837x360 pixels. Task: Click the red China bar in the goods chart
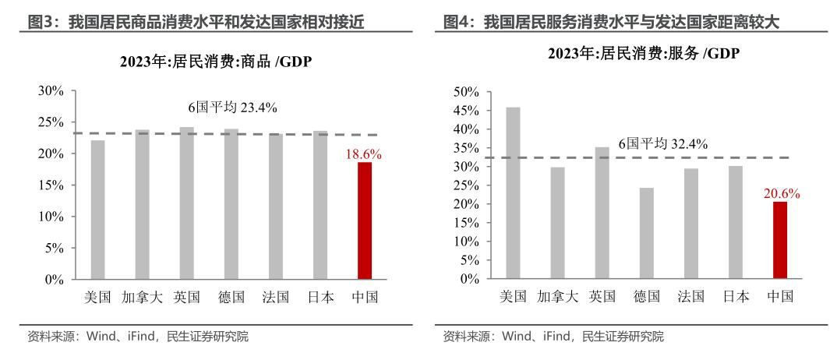[365, 221]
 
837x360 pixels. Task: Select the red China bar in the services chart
[780, 240]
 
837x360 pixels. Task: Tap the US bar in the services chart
[513, 192]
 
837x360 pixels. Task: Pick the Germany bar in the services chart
[647, 233]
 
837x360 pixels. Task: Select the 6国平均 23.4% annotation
[232, 108]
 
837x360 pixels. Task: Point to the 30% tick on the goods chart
[51, 91]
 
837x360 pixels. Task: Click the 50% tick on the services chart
[465, 92]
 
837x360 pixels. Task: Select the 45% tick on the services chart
[465, 111]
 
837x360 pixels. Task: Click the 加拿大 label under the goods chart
[142, 297]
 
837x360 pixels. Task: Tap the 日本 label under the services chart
[735, 297]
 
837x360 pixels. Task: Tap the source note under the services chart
[553, 337]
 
